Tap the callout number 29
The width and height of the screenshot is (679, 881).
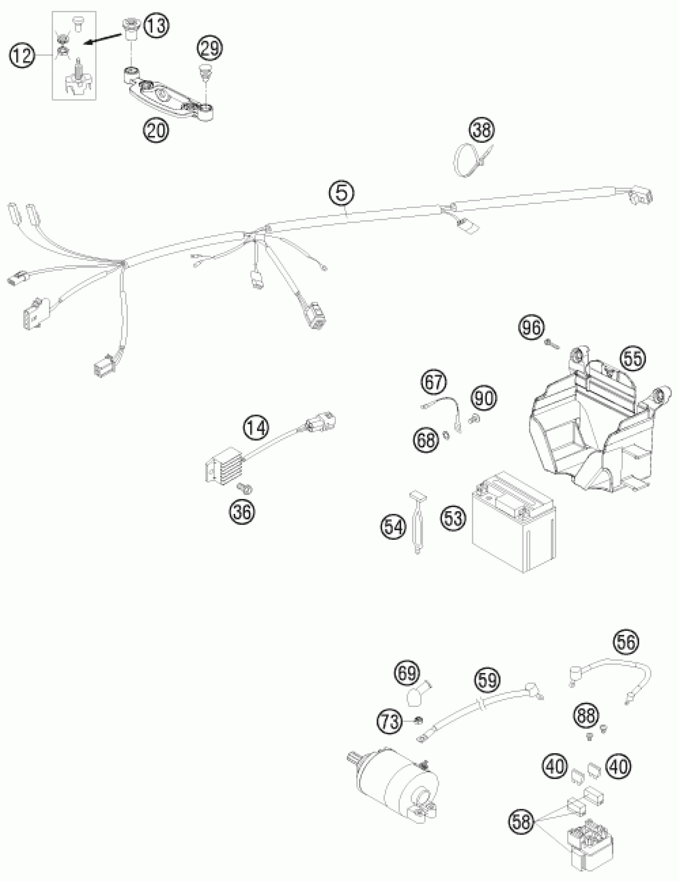[x=210, y=49]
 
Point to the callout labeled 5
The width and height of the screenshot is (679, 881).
[x=341, y=193]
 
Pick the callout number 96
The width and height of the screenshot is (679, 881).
[x=532, y=328]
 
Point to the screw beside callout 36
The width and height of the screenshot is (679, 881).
[x=244, y=489]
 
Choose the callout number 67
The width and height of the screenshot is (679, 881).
[x=434, y=382]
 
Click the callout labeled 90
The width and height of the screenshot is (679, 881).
[x=484, y=398]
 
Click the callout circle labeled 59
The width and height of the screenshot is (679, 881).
[x=487, y=680]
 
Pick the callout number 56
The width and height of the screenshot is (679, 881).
[x=627, y=641]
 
